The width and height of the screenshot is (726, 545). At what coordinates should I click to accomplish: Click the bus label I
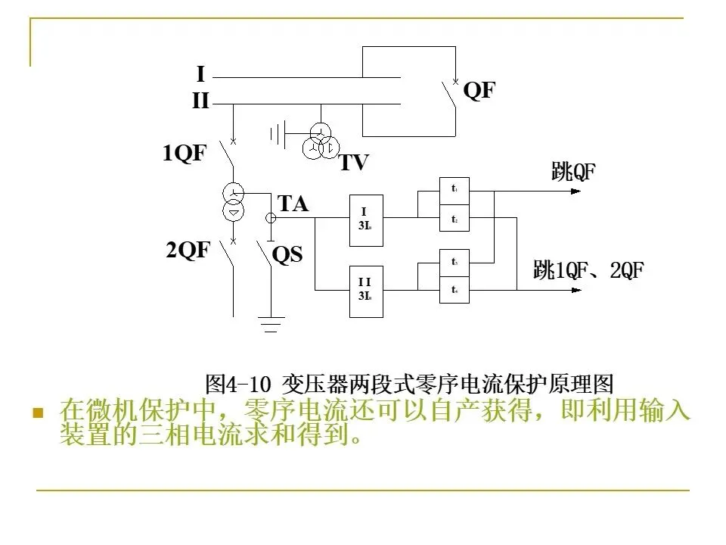pyautogui.click(x=200, y=74)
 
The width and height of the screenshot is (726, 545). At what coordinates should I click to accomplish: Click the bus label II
pyautogui.click(x=200, y=100)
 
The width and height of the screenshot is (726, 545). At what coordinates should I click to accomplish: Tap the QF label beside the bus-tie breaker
pyautogui.click(x=479, y=91)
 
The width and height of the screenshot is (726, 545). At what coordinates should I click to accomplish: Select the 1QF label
pyautogui.click(x=184, y=154)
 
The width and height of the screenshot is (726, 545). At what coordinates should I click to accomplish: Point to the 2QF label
pyautogui.click(x=187, y=251)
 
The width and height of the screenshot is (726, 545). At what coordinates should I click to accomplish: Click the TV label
pyautogui.click(x=353, y=163)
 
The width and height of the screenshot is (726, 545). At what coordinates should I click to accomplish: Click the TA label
pyautogui.click(x=293, y=204)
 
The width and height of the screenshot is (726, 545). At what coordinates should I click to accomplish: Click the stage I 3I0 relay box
pyautogui.click(x=366, y=220)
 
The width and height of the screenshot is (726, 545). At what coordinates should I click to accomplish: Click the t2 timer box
pyautogui.click(x=455, y=218)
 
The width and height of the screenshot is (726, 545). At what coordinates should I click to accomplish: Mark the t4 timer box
pyautogui.click(x=455, y=289)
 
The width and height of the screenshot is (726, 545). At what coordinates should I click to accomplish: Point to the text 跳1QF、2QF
pyautogui.click(x=588, y=269)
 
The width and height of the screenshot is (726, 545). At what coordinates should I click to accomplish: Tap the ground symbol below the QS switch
pyautogui.click(x=271, y=323)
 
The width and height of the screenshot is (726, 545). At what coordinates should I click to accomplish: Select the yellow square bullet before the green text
pyautogui.click(x=36, y=413)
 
